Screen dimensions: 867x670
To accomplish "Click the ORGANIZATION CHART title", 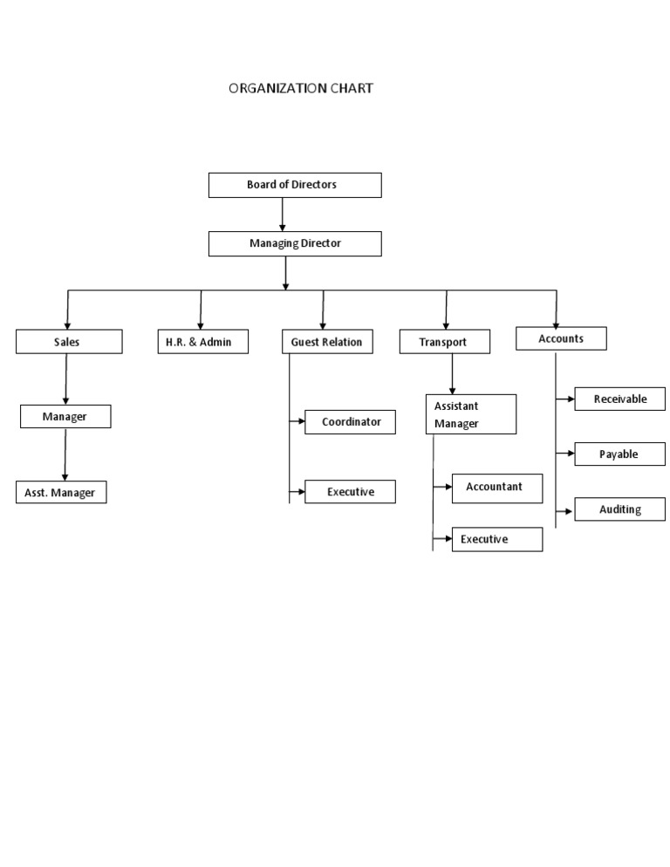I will tap(301, 88).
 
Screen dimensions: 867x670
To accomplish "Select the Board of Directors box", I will tap(295, 185).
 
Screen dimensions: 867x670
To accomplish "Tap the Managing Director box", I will tap(295, 243).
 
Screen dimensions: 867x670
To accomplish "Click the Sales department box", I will tap(69, 342).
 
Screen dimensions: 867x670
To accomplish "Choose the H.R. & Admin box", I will tap(202, 342).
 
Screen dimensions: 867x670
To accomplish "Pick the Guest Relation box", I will tap(327, 342).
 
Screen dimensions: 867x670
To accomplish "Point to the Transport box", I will tap(445, 342).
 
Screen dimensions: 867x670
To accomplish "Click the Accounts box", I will tap(561, 338).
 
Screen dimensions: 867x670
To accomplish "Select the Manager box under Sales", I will tap(65, 417).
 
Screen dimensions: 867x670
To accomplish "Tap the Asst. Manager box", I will tap(61, 493).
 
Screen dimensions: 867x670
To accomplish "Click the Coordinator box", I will tap(350, 422).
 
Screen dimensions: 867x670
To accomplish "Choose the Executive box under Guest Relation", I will tap(350, 492).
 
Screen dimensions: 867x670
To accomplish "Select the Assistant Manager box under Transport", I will tap(470, 414).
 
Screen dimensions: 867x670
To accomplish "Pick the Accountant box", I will tap(497, 488).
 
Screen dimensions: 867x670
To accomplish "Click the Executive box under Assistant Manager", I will tap(497, 539).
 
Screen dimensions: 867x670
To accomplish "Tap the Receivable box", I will tap(619, 399).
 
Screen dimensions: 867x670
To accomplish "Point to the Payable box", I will tap(619, 454).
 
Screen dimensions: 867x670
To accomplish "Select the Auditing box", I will tap(619, 509).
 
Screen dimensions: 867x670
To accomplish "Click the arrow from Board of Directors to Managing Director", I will tap(283, 215).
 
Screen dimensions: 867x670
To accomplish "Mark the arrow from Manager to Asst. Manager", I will tap(65, 454).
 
